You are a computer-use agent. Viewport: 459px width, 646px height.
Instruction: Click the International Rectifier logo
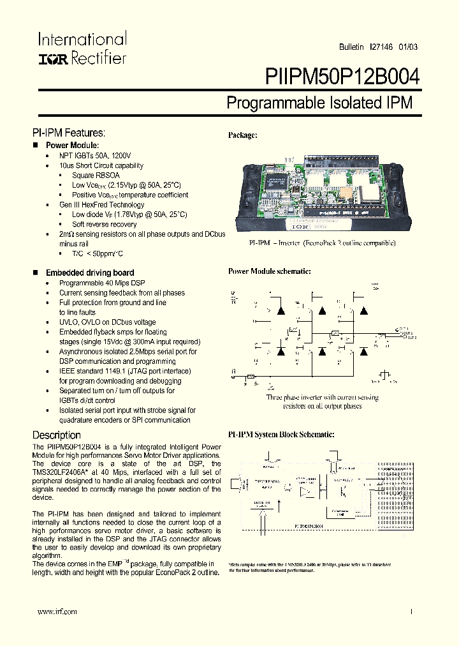coord(82,49)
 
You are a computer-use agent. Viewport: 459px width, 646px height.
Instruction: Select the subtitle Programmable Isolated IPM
coord(319,103)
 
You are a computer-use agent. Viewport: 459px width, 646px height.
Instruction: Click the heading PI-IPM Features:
coord(68,133)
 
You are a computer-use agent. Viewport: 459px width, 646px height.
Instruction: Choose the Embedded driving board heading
coord(90,273)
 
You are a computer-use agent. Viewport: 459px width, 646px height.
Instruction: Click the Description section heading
coord(57,435)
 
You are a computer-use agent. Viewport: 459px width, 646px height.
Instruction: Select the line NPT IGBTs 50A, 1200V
coord(95,156)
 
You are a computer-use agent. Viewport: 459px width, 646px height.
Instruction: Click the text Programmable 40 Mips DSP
coord(102,283)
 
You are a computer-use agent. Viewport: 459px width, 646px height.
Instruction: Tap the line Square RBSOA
coord(96,176)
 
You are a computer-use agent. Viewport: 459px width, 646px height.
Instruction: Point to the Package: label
coord(242,135)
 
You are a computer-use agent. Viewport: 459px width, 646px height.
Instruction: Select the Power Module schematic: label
coord(269,271)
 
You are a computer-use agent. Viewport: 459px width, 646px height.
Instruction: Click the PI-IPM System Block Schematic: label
coord(280,435)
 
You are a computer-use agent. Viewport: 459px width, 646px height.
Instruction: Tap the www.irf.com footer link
coord(57,612)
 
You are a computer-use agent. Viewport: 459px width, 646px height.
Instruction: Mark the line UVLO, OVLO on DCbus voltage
coord(107,322)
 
